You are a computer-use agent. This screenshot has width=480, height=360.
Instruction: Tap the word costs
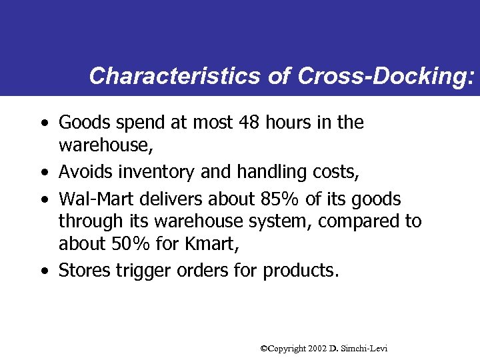pos(337,173)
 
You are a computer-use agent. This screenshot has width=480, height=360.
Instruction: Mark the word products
pos(301,271)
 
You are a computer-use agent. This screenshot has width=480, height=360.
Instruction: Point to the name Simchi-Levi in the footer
pos(366,349)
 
